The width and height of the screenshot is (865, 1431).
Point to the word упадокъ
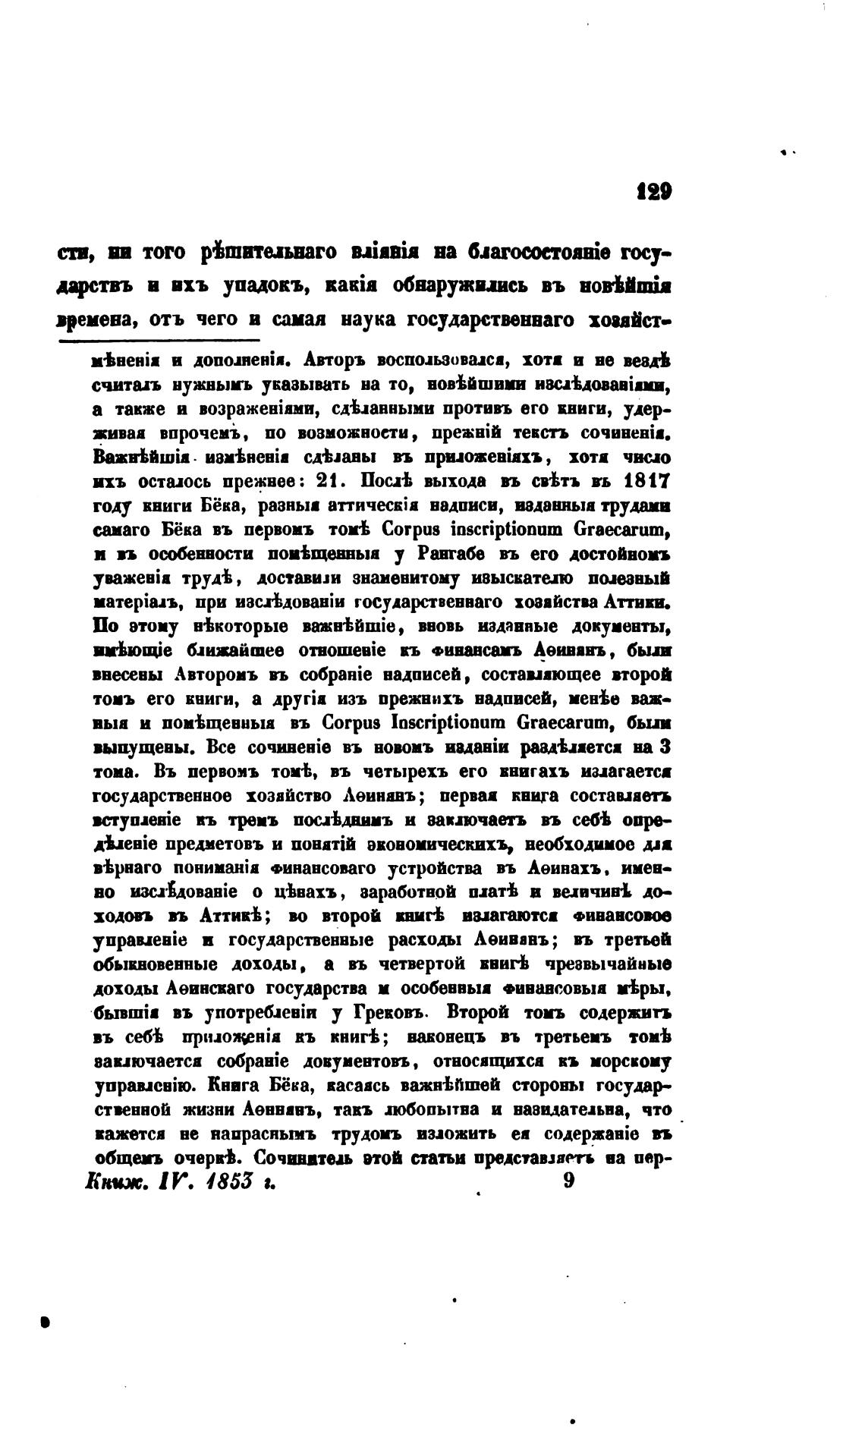tap(257, 286)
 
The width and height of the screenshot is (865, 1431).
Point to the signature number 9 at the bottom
tap(569, 1184)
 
